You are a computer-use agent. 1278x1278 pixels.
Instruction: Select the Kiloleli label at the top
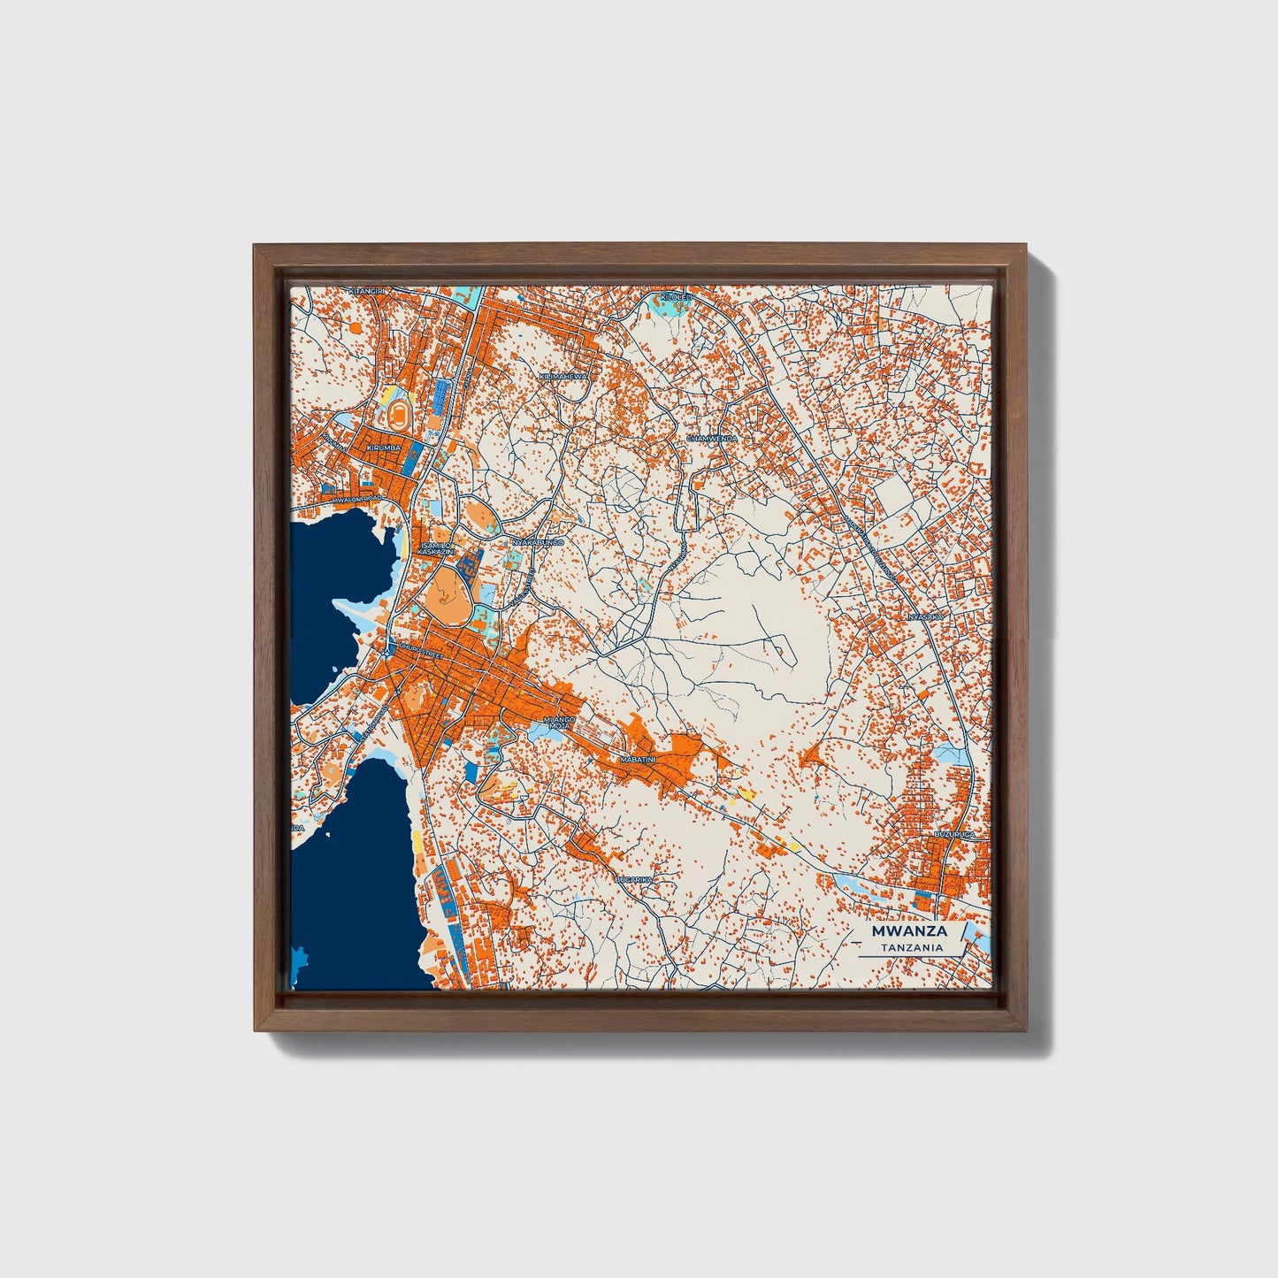[674, 298]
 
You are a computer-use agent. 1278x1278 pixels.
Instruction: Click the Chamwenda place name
[712, 438]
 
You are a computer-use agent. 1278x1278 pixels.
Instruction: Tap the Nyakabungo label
[538, 541]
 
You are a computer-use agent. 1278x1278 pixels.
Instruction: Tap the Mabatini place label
[638, 760]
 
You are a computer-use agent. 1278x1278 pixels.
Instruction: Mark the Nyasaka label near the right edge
[926, 615]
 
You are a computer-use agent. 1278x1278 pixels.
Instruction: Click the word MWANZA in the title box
[909, 931]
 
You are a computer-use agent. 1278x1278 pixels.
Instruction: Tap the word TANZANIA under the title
[911, 947]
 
